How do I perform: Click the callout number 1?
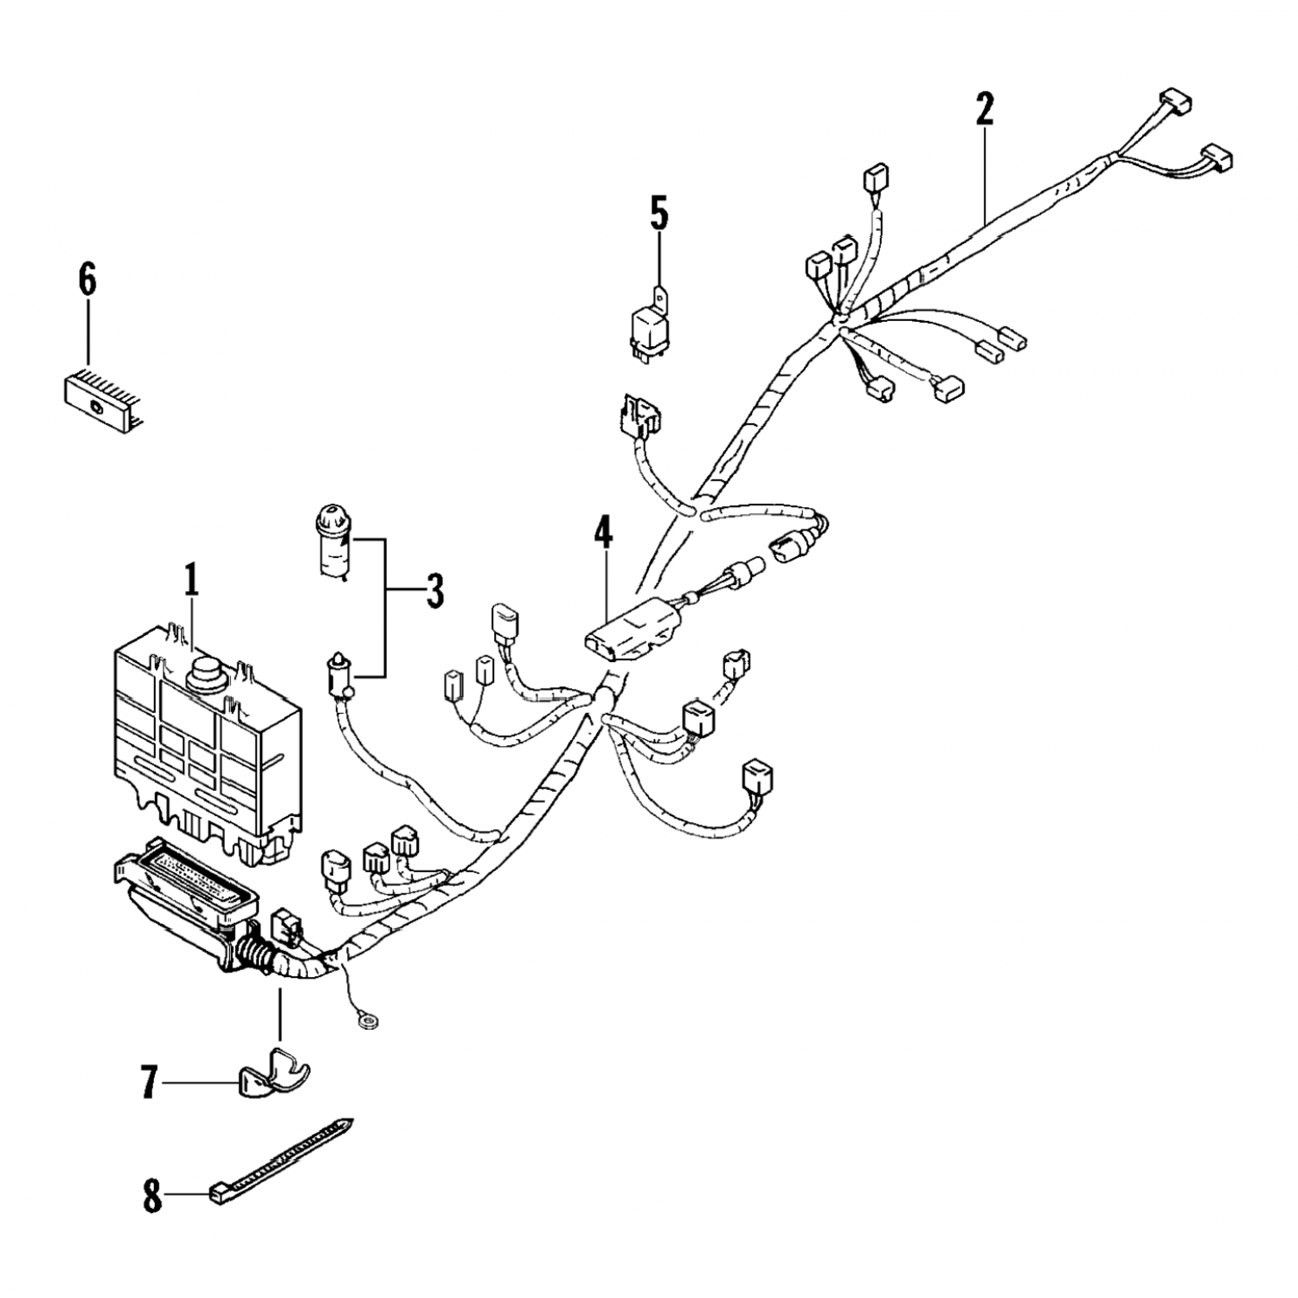tap(191, 582)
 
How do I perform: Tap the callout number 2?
tap(984, 110)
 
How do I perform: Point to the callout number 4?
tap(602, 534)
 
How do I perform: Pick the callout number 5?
tap(659, 215)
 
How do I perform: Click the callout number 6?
tap(87, 281)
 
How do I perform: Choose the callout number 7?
tap(149, 1083)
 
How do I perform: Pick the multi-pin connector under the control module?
tap(186, 900)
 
